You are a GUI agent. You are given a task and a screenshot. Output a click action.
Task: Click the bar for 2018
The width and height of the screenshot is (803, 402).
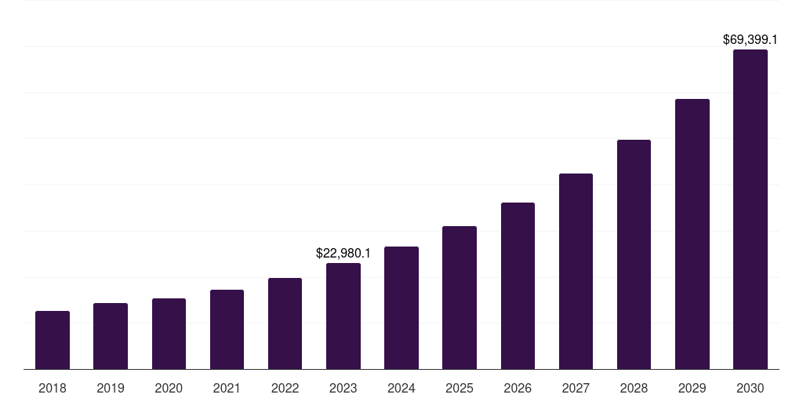point(53,340)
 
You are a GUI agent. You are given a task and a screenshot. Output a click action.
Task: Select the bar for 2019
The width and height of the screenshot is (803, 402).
point(111,336)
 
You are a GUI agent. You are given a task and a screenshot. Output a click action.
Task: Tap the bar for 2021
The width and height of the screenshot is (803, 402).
point(227,330)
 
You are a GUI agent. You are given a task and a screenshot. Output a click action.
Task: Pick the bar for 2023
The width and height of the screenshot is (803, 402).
point(343,316)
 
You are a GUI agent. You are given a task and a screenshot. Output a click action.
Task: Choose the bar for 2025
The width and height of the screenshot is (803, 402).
point(460,298)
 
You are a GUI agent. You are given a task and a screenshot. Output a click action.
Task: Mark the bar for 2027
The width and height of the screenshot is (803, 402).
point(576,272)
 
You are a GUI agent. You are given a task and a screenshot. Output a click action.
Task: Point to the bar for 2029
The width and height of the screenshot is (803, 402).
point(692,234)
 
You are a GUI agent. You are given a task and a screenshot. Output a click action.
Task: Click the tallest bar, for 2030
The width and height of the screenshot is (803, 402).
point(750,210)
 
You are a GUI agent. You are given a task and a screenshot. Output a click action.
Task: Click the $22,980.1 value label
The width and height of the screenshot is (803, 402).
point(343,253)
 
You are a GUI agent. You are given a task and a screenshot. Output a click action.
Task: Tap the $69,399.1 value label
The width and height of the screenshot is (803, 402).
point(750,38)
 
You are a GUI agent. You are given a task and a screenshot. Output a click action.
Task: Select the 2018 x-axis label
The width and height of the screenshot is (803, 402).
point(53,388)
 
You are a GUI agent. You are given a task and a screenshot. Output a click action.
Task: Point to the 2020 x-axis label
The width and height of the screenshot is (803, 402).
point(169,388)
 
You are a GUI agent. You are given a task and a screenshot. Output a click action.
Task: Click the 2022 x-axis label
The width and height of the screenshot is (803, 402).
point(285,388)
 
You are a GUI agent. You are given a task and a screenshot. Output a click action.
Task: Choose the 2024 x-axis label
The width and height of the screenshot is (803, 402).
point(401,388)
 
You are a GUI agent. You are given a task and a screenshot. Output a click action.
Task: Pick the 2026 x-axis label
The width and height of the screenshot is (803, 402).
point(518,388)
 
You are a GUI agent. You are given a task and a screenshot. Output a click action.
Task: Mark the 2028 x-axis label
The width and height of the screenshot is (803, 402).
point(634,388)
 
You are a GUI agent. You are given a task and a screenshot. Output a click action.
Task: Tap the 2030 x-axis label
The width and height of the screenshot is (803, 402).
point(750,388)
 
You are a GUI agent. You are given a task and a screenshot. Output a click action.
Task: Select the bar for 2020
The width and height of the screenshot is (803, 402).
point(169,334)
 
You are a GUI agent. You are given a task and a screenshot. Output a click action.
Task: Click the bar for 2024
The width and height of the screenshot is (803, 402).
point(401,308)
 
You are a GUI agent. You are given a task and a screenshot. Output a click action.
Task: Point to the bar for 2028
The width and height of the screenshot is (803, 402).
point(634,254)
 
